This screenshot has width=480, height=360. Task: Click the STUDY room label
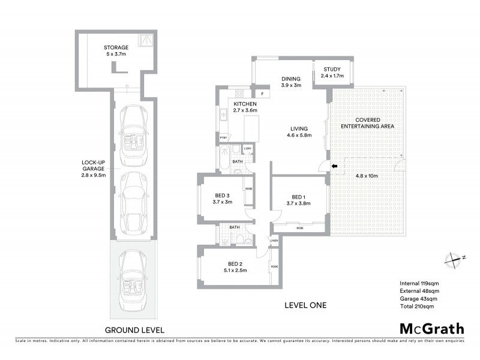click(332, 70)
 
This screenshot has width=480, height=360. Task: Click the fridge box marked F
click(262, 94)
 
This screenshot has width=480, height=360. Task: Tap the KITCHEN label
click(244, 103)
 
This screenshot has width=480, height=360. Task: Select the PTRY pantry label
click(223, 138)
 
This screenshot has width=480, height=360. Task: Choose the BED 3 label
click(222, 196)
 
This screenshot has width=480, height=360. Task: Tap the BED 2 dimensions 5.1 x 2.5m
click(235, 271)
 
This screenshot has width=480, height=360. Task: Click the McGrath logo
click(431, 328)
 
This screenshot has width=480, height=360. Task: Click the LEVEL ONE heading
click(305, 305)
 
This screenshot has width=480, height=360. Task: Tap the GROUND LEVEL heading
click(134, 329)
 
